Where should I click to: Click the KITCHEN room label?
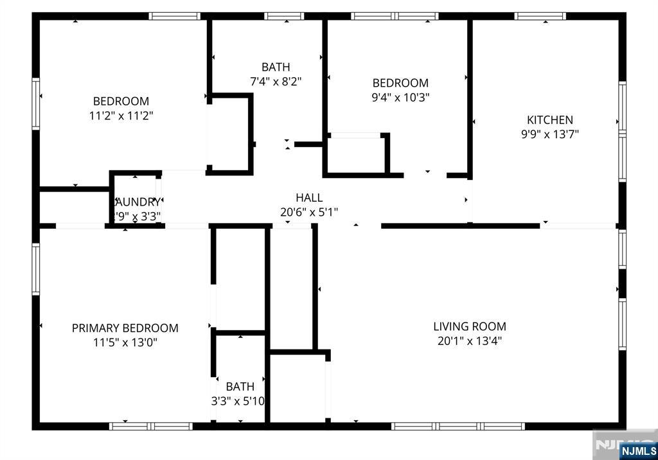point(550,119)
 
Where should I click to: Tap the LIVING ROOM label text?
point(470,326)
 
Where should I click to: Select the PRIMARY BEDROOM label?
point(125,328)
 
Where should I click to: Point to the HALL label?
point(309,198)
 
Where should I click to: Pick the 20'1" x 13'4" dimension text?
point(470,341)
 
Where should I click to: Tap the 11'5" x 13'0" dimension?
point(125,342)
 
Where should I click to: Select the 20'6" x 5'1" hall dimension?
point(309,212)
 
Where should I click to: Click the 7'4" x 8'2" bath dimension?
point(276,82)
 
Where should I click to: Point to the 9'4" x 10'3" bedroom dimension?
point(401,98)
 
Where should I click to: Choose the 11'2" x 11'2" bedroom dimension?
point(121,116)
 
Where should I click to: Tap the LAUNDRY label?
point(137,202)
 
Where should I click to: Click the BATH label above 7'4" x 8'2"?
point(276,67)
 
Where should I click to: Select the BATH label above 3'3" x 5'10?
point(240,387)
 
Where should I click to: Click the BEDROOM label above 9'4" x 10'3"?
point(401,83)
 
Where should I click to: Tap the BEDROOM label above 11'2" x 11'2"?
point(121,101)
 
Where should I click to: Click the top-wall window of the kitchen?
point(540,16)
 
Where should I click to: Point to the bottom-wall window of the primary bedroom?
point(151,425)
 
